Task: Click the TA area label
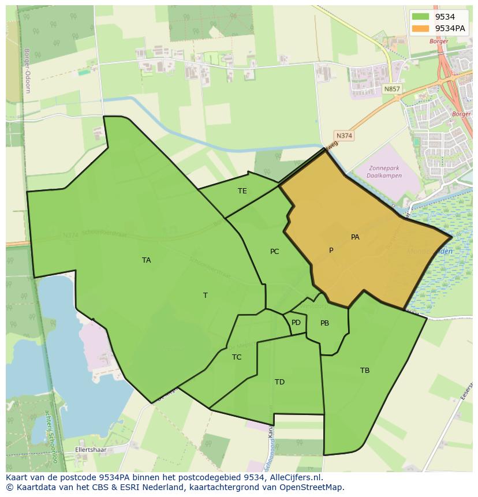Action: pyautogui.click(x=147, y=260)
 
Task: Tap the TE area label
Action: pyautogui.click(x=242, y=191)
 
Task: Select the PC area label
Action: pyautogui.click(x=275, y=252)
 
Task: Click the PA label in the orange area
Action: pyautogui.click(x=355, y=237)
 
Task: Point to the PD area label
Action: pyautogui.click(x=296, y=323)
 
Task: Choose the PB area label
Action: pyautogui.click(x=324, y=323)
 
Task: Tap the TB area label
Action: pyautogui.click(x=365, y=371)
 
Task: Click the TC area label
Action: pyautogui.click(x=237, y=357)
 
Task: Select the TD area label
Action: pyautogui.click(x=279, y=382)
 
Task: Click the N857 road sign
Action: pyautogui.click(x=391, y=89)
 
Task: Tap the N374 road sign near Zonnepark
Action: pyautogui.click(x=344, y=136)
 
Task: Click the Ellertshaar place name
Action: pyautogui.click(x=88, y=449)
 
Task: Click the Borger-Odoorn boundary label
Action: pyautogui.click(x=27, y=70)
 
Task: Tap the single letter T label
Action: pyautogui.click(x=206, y=296)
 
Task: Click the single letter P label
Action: pyautogui.click(x=331, y=251)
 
